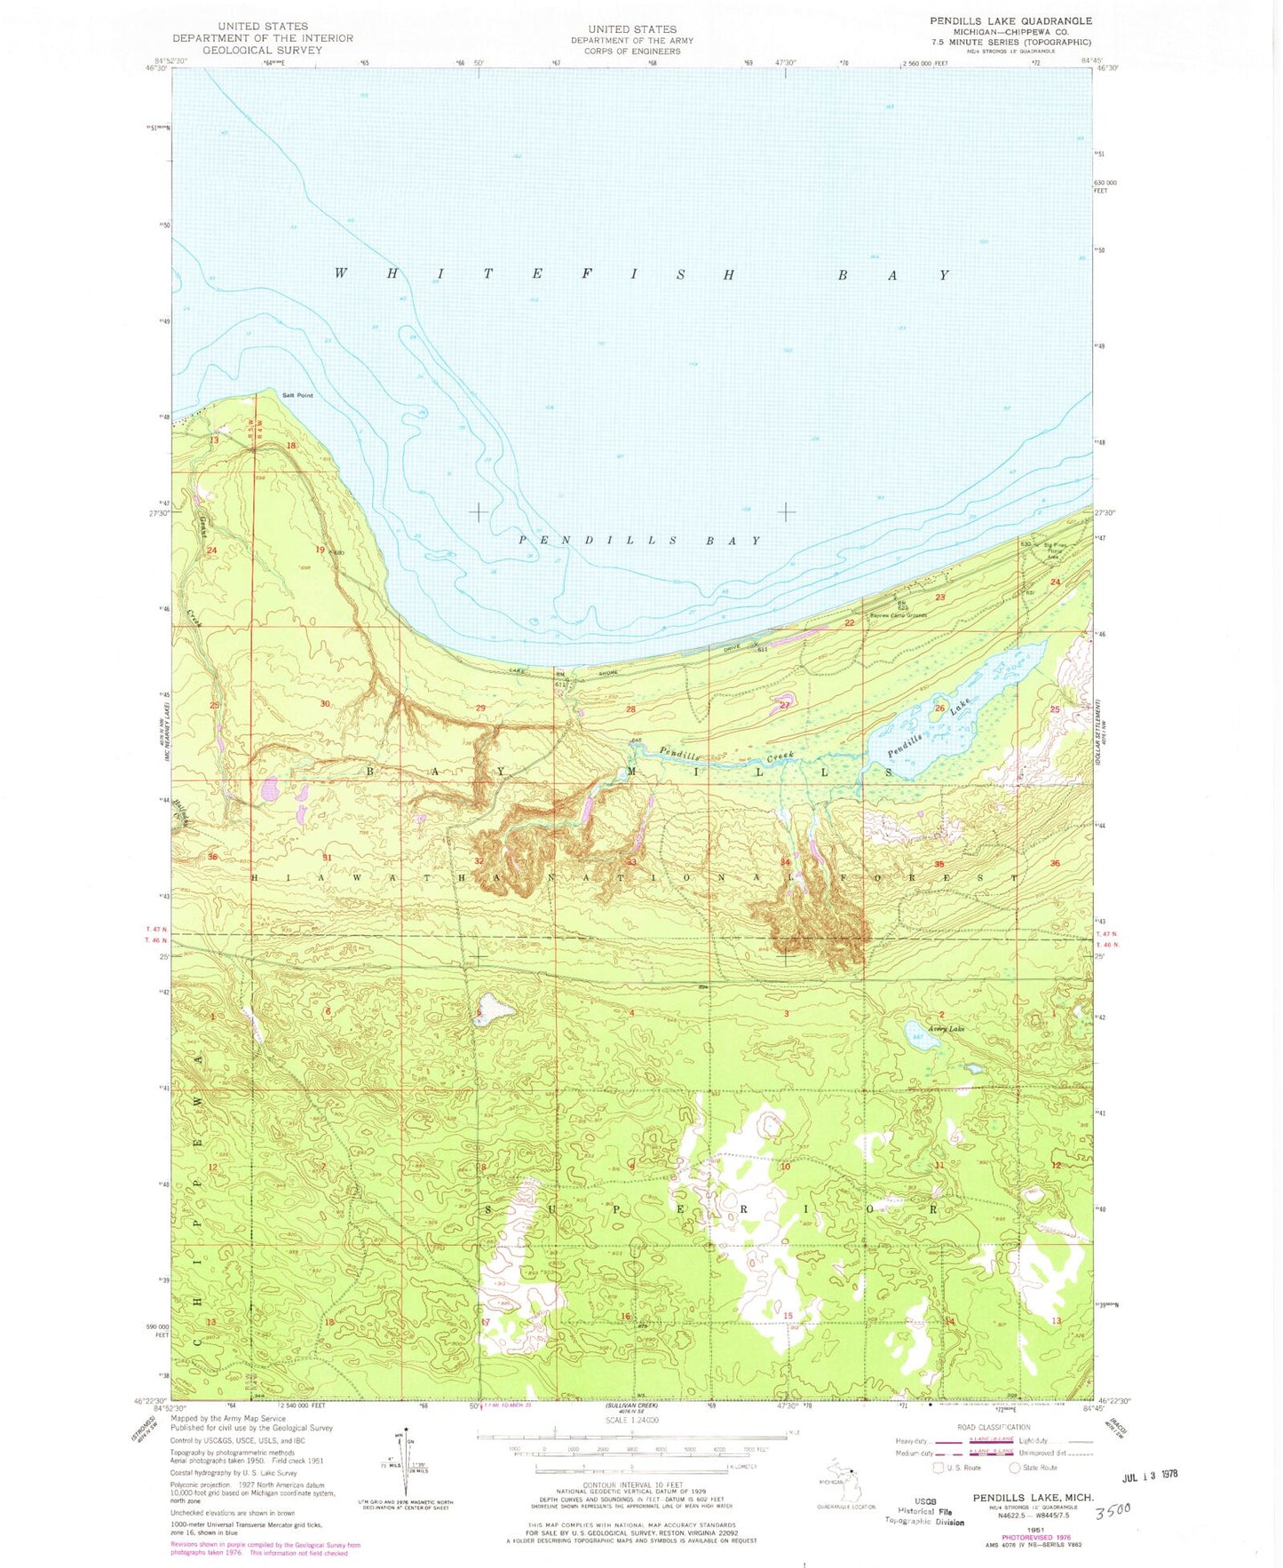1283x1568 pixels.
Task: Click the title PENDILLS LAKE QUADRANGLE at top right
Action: pos(1010,20)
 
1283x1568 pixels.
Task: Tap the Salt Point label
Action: pos(297,395)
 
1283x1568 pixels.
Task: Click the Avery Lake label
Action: pos(946,1029)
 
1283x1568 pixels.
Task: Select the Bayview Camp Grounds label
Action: pos(898,615)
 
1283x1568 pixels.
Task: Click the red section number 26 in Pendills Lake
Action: pos(940,708)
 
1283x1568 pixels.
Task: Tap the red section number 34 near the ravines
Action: pos(785,862)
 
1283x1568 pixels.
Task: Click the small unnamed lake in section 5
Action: pos(494,1010)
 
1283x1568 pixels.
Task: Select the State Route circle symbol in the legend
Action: pos(1015,1468)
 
